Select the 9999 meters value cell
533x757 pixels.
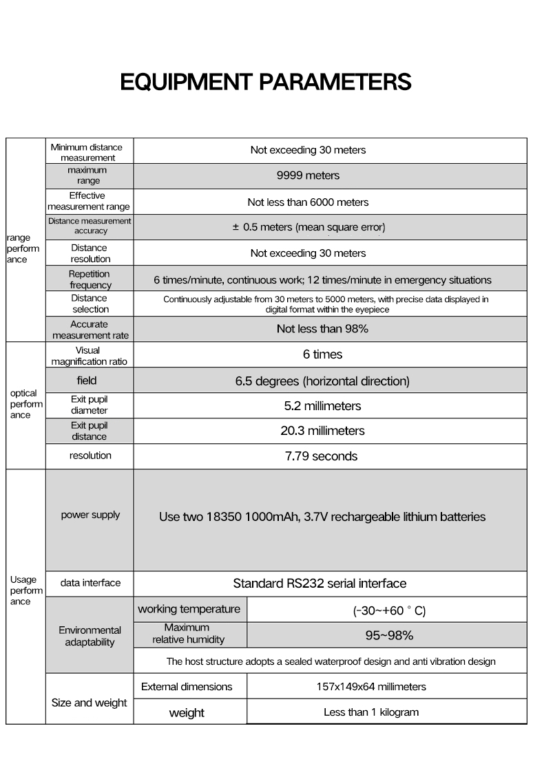point(308,175)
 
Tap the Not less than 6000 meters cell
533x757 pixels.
point(308,202)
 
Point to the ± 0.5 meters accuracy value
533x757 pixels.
point(308,227)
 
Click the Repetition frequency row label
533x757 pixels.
point(90,279)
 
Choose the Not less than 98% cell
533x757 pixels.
point(322,329)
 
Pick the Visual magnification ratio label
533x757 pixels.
point(90,356)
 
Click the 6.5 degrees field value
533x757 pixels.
point(322,381)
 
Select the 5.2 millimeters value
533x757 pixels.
point(322,406)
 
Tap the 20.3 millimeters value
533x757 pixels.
point(322,431)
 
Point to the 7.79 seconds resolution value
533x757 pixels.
point(322,456)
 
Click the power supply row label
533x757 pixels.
point(90,515)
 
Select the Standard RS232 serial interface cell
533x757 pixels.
point(320,584)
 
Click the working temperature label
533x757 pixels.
point(189,609)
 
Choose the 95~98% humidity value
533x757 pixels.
point(389,635)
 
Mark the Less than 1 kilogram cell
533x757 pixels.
point(371,712)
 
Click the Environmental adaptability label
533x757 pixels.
point(90,636)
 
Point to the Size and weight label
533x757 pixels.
point(90,703)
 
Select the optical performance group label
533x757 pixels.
point(25,404)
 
